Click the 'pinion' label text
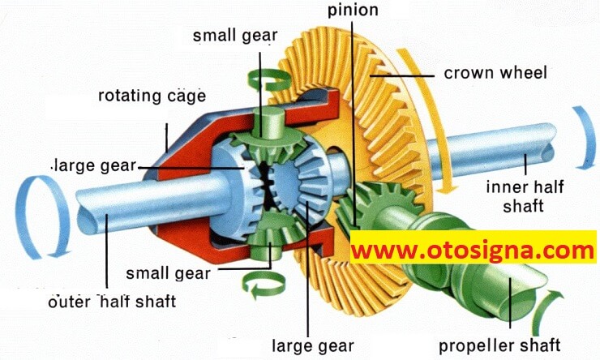pos(353,11)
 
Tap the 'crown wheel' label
pos(495,73)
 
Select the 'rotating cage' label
pos(152,96)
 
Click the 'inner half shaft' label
pos(525,196)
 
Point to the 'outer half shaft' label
pos(112,302)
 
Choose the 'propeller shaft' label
pos(499,345)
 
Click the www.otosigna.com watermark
pos(474,251)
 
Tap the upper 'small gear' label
pos(235,36)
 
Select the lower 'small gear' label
pos(168,273)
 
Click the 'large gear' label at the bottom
pos(313,346)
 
